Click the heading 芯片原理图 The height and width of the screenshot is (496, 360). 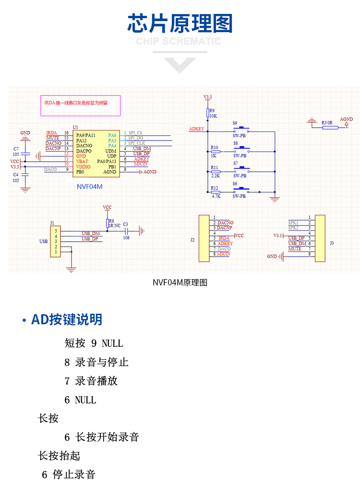point(180,24)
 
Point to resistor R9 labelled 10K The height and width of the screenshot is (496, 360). point(208,113)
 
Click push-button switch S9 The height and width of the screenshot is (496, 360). point(243,130)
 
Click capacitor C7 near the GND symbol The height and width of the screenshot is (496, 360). point(25,154)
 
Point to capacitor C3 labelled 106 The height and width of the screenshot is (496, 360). point(127,231)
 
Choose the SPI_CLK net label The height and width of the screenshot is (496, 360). point(136,143)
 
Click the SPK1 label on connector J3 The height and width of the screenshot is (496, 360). point(293,223)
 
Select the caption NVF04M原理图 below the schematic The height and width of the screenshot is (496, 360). point(180,283)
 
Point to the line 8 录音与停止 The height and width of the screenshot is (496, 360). point(96,362)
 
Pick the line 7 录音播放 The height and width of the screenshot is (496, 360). point(91,381)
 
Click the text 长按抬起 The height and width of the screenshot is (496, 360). point(59,456)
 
